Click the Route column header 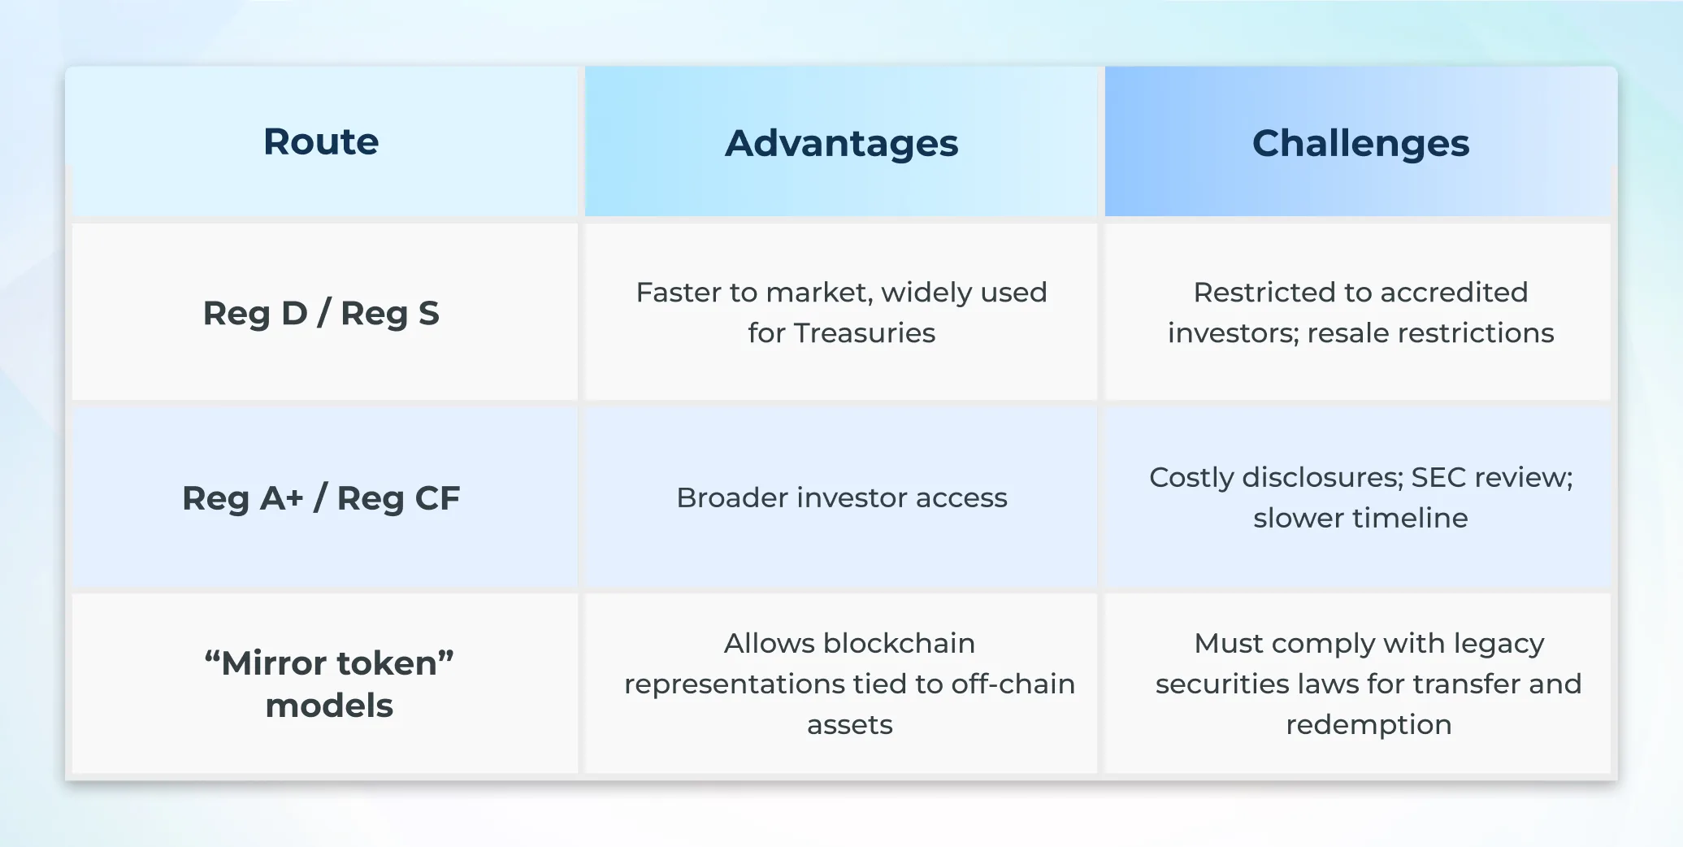(x=321, y=142)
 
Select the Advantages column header (x=841, y=144)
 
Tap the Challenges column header (x=1360, y=144)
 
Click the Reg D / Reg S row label (x=321, y=313)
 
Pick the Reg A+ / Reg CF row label (x=321, y=498)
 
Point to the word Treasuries (x=865, y=332)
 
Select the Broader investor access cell (x=841, y=497)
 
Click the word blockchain (x=899, y=643)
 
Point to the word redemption (x=1369, y=724)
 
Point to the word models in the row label (x=329, y=706)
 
